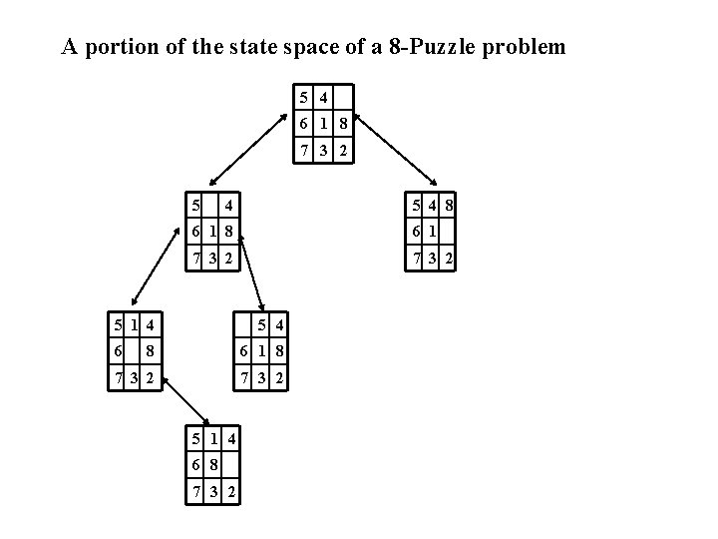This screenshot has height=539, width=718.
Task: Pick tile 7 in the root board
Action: [x=304, y=152]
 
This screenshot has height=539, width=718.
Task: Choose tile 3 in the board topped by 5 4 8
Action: [x=432, y=261]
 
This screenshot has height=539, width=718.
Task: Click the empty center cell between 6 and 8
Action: [x=134, y=351]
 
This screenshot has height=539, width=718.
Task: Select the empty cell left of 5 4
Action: [x=242, y=324]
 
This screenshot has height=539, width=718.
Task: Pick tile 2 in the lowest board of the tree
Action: [x=230, y=492]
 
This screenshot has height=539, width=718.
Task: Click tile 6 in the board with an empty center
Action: [x=118, y=351]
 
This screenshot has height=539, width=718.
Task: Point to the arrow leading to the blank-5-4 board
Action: [x=252, y=277]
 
